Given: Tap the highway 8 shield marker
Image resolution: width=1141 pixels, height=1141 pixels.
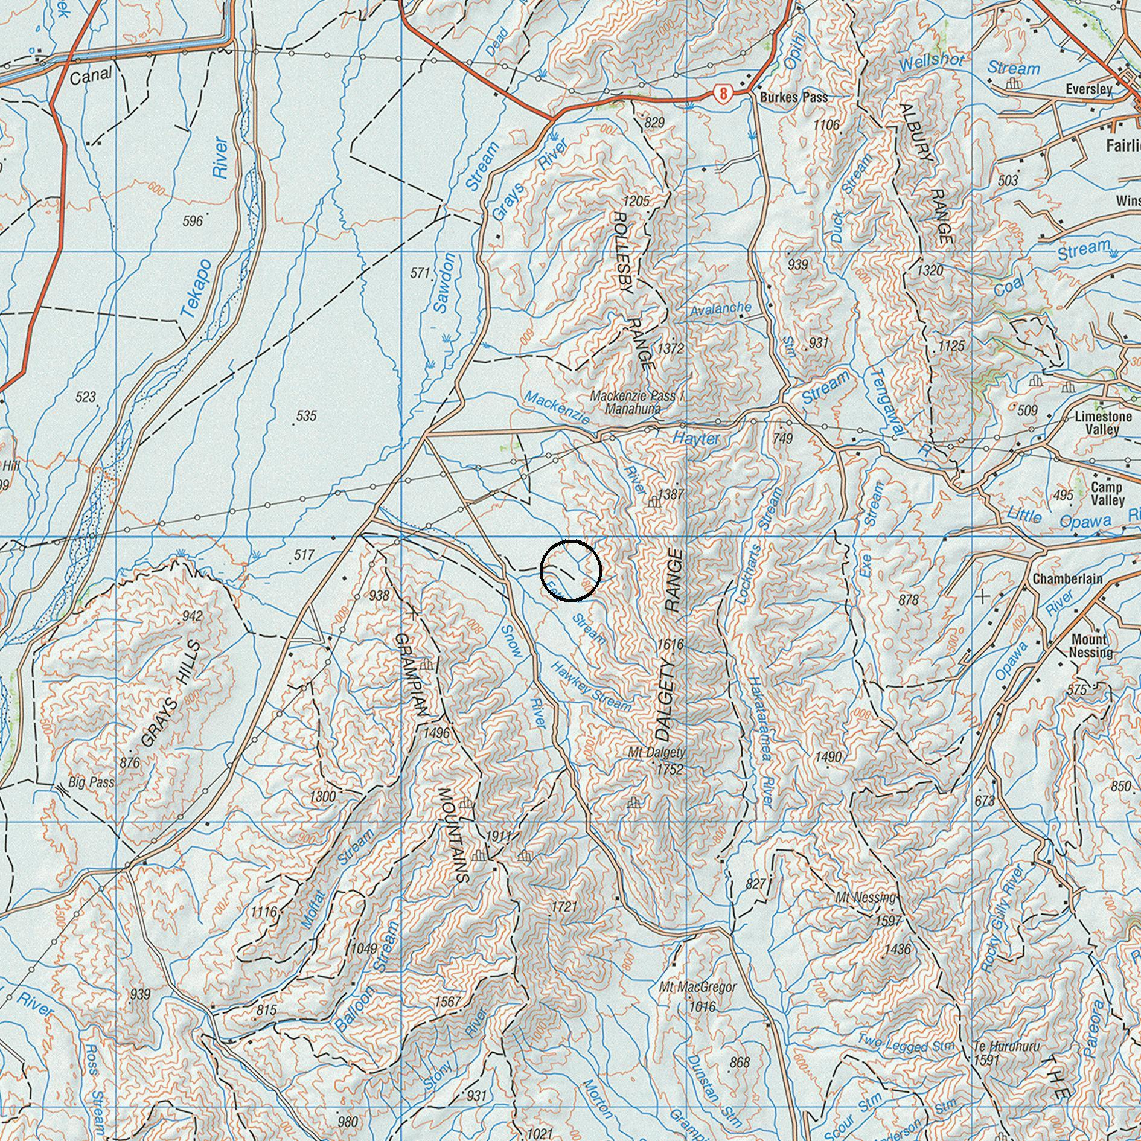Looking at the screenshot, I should tap(723, 94).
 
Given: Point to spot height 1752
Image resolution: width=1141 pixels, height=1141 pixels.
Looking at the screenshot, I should tap(670, 769).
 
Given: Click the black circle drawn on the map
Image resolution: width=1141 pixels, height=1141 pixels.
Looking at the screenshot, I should tap(570, 570).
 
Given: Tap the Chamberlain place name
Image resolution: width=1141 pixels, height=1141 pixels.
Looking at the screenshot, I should tap(1067, 579).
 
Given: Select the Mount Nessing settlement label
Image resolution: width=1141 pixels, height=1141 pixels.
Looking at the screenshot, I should tap(1090, 646).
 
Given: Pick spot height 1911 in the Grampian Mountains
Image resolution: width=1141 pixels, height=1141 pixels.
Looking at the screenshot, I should tap(498, 836).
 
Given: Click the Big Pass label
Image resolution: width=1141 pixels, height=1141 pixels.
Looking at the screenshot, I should tap(91, 782).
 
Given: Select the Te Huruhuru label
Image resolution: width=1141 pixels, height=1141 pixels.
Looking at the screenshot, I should tap(1006, 1046).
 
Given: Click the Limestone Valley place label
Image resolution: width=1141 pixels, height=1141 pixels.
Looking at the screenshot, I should tap(1102, 423).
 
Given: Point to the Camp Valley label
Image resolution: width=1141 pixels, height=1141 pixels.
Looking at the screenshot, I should tap(1107, 494).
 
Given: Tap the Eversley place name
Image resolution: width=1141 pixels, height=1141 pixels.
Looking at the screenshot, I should tap(1088, 89).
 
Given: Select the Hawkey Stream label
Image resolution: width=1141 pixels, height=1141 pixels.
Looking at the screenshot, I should tap(591, 688).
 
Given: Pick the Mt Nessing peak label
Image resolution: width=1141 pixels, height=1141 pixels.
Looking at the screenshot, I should tap(865, 898).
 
